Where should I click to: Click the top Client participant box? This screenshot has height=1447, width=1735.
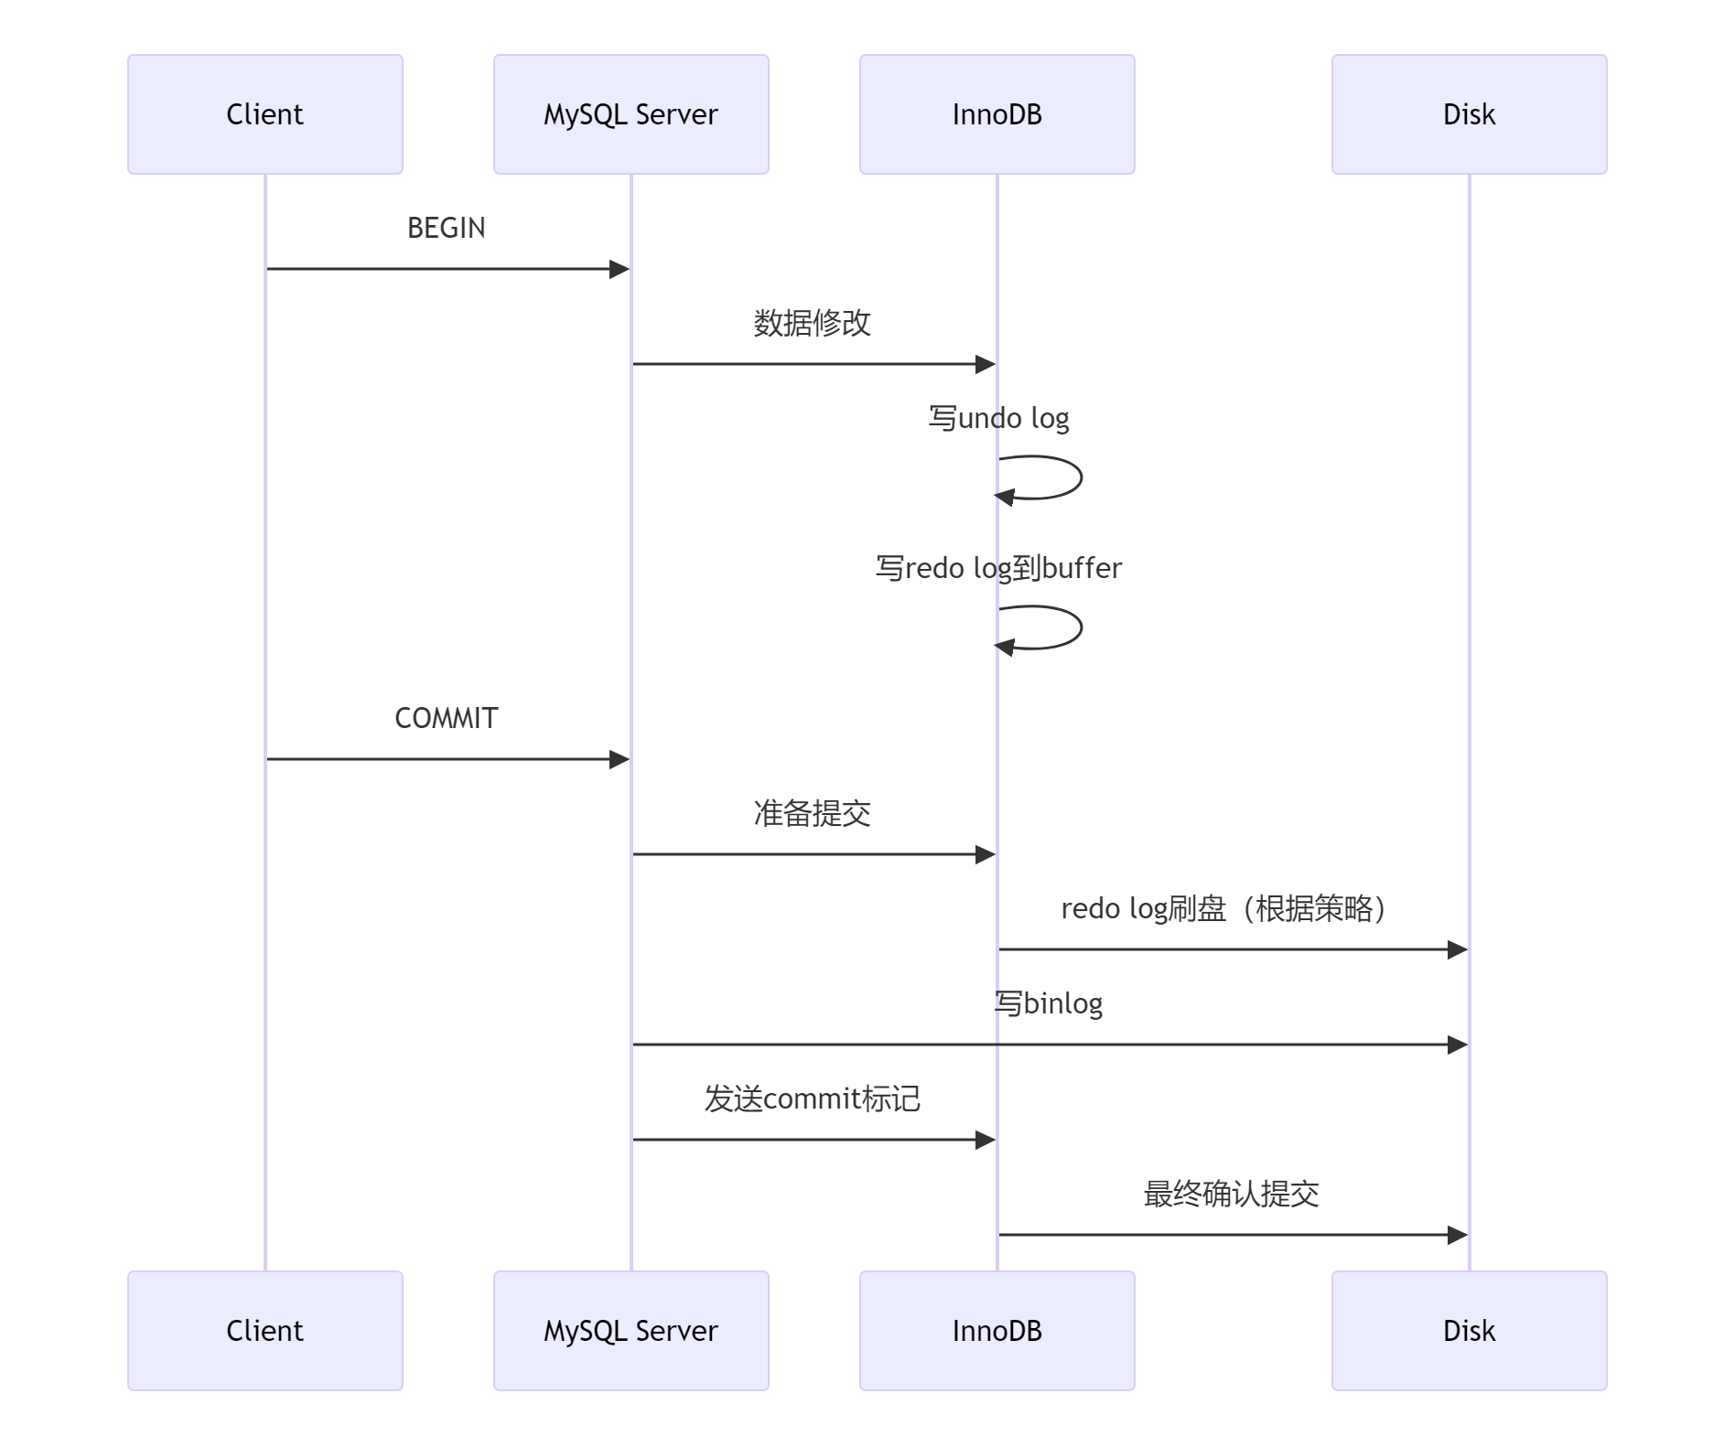264,114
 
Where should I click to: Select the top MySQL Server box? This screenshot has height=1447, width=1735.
630,114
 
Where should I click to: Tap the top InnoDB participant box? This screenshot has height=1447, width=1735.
997,114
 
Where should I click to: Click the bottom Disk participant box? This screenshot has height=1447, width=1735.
1469,1331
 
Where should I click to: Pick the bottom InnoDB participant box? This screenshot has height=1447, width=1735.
997,1331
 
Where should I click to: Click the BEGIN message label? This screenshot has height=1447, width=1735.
446,228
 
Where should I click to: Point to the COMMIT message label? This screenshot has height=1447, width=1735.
446,718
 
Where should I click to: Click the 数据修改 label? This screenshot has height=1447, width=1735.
812,323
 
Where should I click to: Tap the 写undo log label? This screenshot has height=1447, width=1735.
998,418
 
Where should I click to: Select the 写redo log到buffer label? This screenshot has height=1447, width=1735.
998,568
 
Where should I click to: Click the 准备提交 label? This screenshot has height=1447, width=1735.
812,813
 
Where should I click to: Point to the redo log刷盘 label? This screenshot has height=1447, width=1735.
1223,908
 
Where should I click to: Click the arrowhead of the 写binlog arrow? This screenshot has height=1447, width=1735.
1458,1045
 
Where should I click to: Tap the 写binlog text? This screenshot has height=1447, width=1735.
1049,1003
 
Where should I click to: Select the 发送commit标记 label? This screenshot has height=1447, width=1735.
812,1099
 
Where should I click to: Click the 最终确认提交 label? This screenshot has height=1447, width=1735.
1231,1194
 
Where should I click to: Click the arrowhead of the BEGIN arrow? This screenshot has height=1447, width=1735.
620,269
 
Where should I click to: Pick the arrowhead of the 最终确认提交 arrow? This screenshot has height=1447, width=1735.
1458,1235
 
